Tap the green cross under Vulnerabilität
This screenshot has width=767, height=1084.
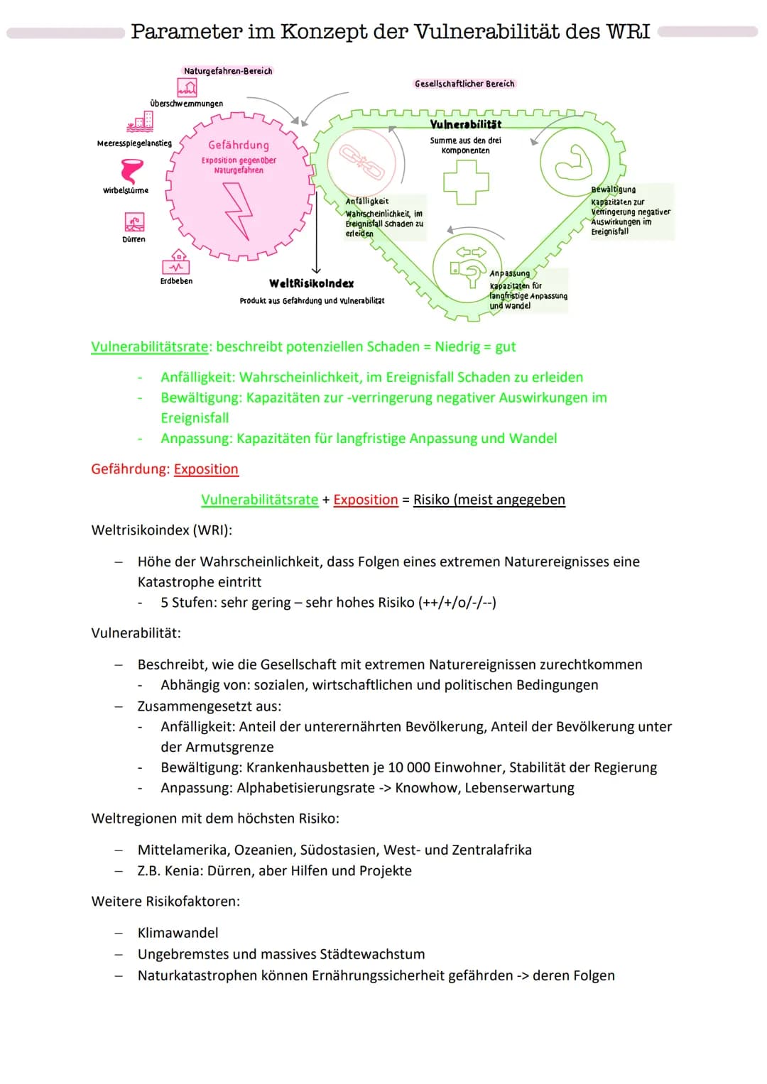tap(466, 182)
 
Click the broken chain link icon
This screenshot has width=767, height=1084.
tap(361, 161)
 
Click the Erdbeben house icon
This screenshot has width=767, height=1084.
tap(176, 262)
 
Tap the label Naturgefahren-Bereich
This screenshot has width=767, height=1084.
tap(228, 71)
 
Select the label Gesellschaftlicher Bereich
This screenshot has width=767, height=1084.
tap(464, 84)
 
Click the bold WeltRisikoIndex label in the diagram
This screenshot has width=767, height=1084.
tap(311, 284)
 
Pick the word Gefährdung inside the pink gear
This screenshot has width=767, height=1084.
tap(239, 145)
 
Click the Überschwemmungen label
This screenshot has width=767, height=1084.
tap(186, 104)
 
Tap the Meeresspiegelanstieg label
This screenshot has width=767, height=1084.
tap(134, 143)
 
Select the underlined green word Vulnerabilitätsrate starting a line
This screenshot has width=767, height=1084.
tap(150, 346)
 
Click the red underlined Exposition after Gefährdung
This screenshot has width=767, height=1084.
tap(206, 469)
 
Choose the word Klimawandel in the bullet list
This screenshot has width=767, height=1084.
tap(178, 933)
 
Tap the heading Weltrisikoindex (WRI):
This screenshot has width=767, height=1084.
tap(162, 530)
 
